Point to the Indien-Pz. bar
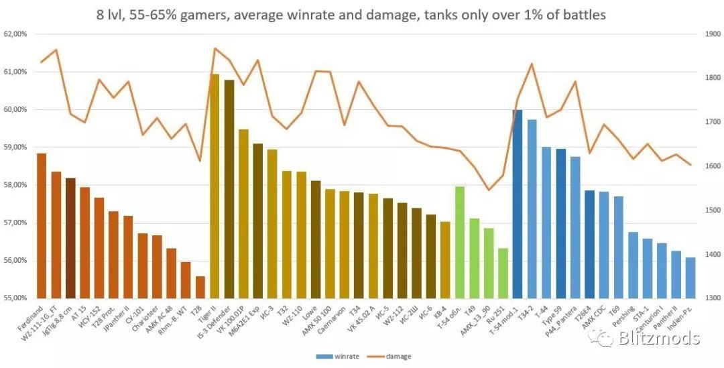(x=690, y=278)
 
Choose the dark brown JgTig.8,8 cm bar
(x=70, y=238)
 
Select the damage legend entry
(x=393, y=357)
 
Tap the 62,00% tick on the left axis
(x=15, y=34)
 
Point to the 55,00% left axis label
(x=15, y=298)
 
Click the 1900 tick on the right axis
(x=709, y=34)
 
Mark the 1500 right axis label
(x=709, y=210)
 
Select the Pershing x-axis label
(x=625, y=315)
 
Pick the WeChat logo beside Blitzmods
(x=601, y=338)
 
